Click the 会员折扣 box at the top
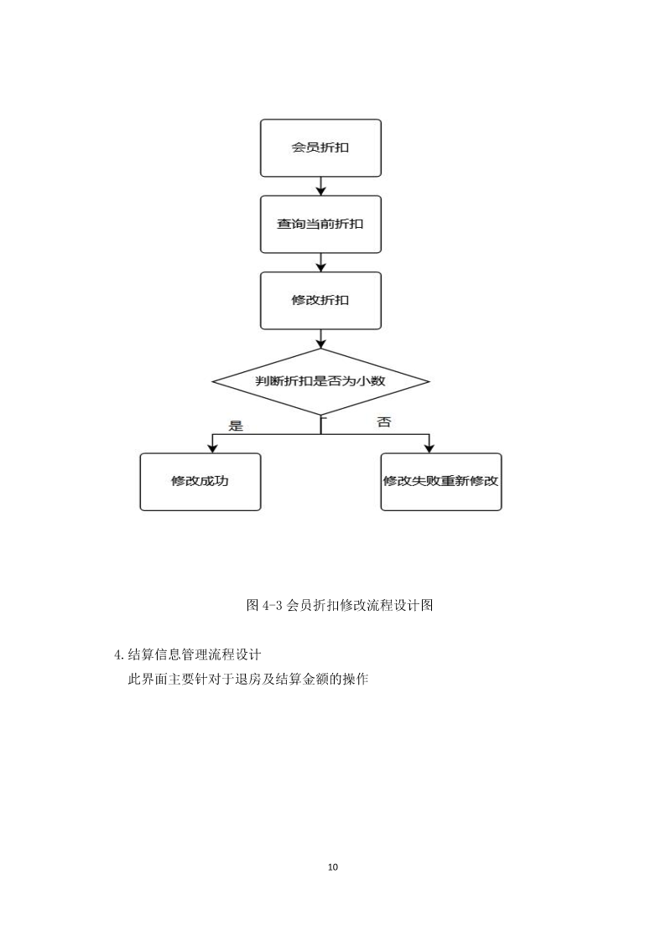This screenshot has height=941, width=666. (x=320, y=147)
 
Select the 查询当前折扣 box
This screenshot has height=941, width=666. (x=320, y=224)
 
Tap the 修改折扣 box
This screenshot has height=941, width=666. (x=320, y=300)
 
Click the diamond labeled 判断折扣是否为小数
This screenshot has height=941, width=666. (x=320, y=381)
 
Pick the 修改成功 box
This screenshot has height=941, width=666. (x=200, y=481)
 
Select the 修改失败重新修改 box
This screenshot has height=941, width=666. (x=441, y=481)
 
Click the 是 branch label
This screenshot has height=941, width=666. (x=236, y=427)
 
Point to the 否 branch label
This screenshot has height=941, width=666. (x=383, y=421)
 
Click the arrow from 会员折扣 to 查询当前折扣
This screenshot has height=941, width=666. (x=320, y=186)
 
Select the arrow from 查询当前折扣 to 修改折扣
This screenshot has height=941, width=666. (x=320, y=262)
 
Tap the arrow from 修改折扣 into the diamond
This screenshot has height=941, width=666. (x=320, y=339)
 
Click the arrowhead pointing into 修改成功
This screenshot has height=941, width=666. (x=212, y=448)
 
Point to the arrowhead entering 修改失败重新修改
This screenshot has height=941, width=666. (x=429, y=448)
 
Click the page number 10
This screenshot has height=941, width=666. (x=333, y=866)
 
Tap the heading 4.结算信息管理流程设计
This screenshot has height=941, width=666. (x=187, y=654)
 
